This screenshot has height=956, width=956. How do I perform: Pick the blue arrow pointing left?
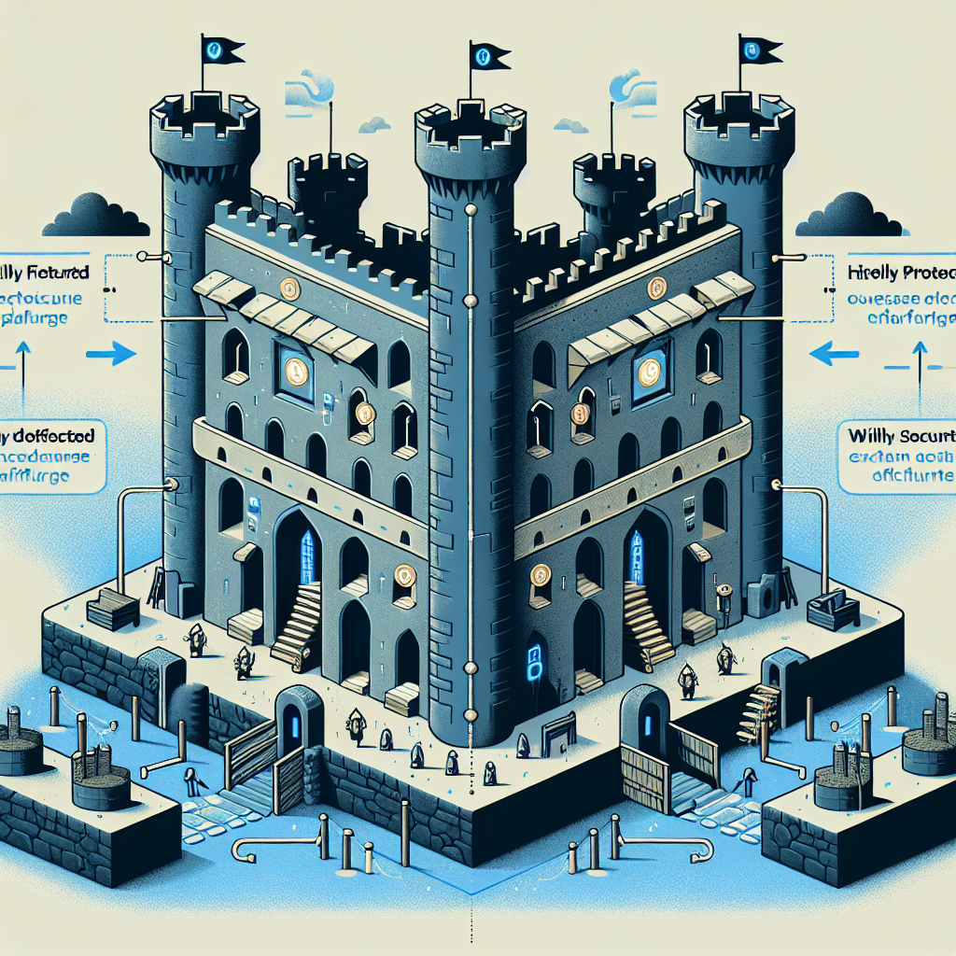836,353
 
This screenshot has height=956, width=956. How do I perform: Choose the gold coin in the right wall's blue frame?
647,373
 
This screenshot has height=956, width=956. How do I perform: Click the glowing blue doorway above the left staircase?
306,556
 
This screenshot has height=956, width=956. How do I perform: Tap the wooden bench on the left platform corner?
112,608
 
